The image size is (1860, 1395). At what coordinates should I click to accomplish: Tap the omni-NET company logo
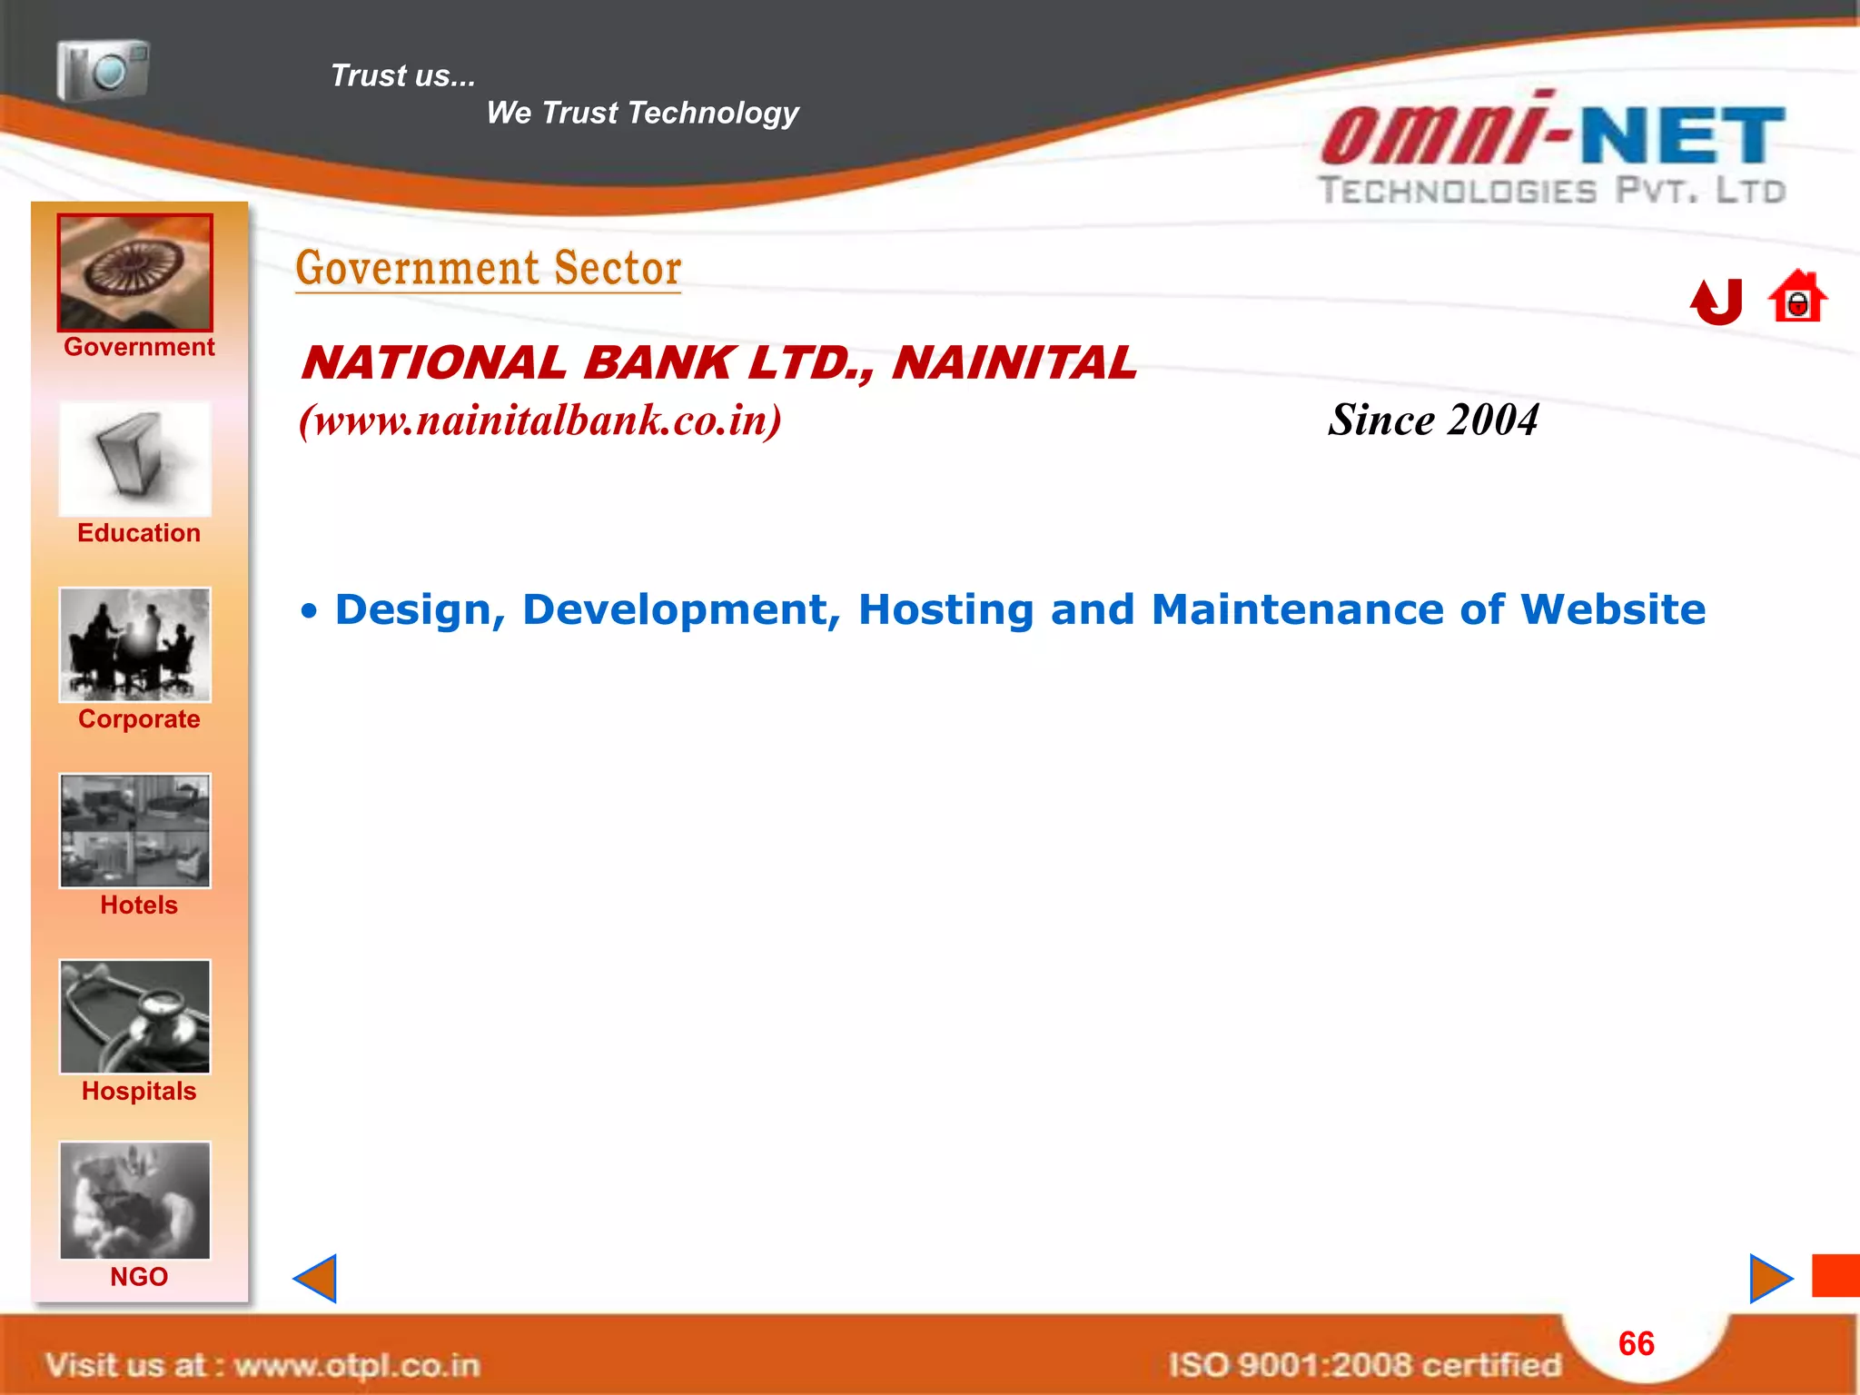[x=1553, y=150]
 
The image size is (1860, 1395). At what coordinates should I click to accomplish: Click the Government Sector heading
[x=489, y=269]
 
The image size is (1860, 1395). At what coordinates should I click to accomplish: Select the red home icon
[x=1797, y=298]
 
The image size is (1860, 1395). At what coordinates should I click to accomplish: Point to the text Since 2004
[x=1433, y=420]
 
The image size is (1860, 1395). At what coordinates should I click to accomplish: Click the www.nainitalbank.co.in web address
[x=540, y=420]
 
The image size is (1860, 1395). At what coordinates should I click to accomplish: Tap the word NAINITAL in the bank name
[x=1014, y=363]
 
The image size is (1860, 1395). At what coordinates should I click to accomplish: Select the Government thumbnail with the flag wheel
[x=135, y=272]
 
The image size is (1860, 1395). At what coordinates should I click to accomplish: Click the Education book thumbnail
[x=135, y=460]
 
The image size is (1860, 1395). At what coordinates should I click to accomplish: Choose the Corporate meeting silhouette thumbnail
[x=135, y=645]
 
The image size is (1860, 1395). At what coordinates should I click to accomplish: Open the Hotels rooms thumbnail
[x=135, y=831]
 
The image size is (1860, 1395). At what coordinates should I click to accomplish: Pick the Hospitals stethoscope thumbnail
[x=135, y=1017]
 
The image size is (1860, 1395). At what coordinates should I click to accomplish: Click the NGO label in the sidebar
[x=139, y=1277]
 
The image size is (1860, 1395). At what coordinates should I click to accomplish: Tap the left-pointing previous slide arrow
[x=316, y=1279]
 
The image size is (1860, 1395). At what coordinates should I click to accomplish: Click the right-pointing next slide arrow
[x=1769, y=1279]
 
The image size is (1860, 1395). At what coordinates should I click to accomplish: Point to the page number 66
[x=1637, y=1343]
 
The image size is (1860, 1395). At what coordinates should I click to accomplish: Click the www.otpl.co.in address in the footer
[x=357, y=1365]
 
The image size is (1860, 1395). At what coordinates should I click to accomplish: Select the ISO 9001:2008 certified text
[x=1364, y=1365]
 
